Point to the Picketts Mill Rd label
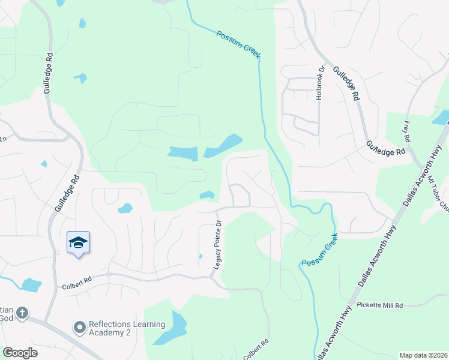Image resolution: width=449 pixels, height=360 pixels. pyautogui.click(x=379, y=305)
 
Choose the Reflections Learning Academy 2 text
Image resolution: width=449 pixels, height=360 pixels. pyautogui.click(x=127, y=329)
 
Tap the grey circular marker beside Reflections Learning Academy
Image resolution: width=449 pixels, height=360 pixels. pyautogui.click(x=79, y=328)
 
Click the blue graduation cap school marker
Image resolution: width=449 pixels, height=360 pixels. pyautogui.click(x=78, y=242)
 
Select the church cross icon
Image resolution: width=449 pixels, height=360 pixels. pyautogui.click(x=22, y=313)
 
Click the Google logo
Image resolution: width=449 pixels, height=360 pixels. pyautogui.click(x=20, y=353)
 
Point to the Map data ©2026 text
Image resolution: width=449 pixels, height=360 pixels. pyautogui.click(x=423, y=355)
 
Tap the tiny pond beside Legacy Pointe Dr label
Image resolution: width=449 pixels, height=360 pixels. pyautogui.click(x=200, y=256)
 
